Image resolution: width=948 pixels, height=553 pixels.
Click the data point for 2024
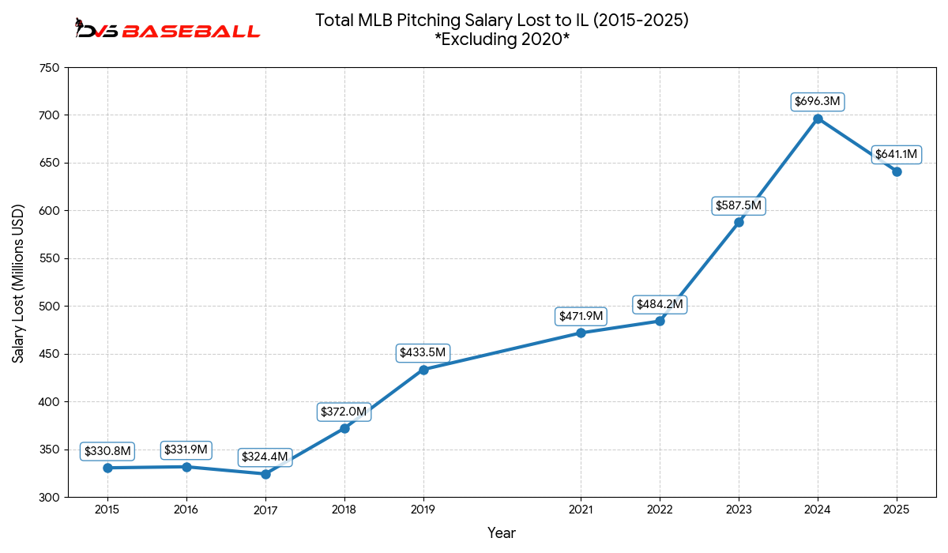point(818,118)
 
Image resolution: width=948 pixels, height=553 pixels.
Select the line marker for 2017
point(265,474)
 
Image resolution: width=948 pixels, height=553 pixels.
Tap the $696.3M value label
point(818,102)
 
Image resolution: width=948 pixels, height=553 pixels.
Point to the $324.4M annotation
point(265,457)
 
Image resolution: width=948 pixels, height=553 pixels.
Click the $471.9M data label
point(581,316)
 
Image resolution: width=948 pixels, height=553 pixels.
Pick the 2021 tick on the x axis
point(581,510)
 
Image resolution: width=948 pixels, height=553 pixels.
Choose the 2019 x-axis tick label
point(423,510)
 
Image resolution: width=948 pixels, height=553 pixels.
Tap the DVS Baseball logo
point(167,31)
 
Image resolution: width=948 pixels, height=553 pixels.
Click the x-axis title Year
point(502,533)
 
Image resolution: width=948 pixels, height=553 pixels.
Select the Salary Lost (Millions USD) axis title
point(18,283)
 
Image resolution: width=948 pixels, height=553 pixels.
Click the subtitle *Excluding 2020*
point(502,40)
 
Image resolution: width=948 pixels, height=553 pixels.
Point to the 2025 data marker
point(897,171)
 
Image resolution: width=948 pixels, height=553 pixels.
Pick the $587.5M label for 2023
point(739,205)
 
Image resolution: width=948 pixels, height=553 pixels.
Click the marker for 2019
point(423,370)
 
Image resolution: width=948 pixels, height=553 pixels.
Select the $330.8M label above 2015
point(107,451)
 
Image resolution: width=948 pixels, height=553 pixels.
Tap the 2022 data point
point(660,321)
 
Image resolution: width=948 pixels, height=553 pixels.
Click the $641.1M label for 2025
point(896,154)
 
